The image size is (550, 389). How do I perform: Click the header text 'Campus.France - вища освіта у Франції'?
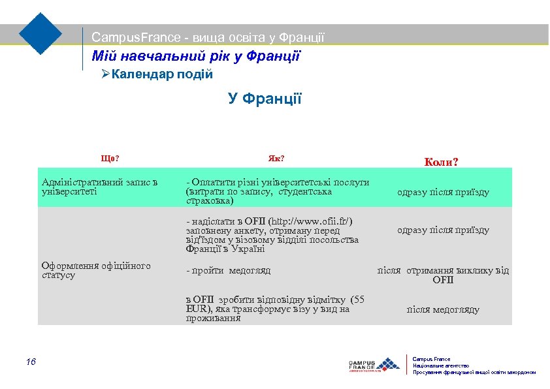click(208, 39)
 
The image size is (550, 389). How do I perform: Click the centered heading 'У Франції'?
click(265, 99)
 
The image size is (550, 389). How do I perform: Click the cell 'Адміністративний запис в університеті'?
click(99, 187)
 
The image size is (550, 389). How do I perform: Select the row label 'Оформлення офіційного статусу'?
click(95, 270)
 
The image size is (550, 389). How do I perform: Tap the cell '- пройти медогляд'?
click(228, 271)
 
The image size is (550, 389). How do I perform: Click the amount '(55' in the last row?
click(358, 300)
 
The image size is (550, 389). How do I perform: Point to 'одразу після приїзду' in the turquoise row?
click(443, 193)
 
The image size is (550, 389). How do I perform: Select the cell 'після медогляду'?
click(443, 310)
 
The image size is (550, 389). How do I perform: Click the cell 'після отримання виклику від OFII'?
click(443, 275)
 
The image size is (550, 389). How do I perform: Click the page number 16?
click(31, 363)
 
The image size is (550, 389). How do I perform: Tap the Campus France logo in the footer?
click(374, 365)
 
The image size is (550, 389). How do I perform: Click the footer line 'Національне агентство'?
click(441, 366)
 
